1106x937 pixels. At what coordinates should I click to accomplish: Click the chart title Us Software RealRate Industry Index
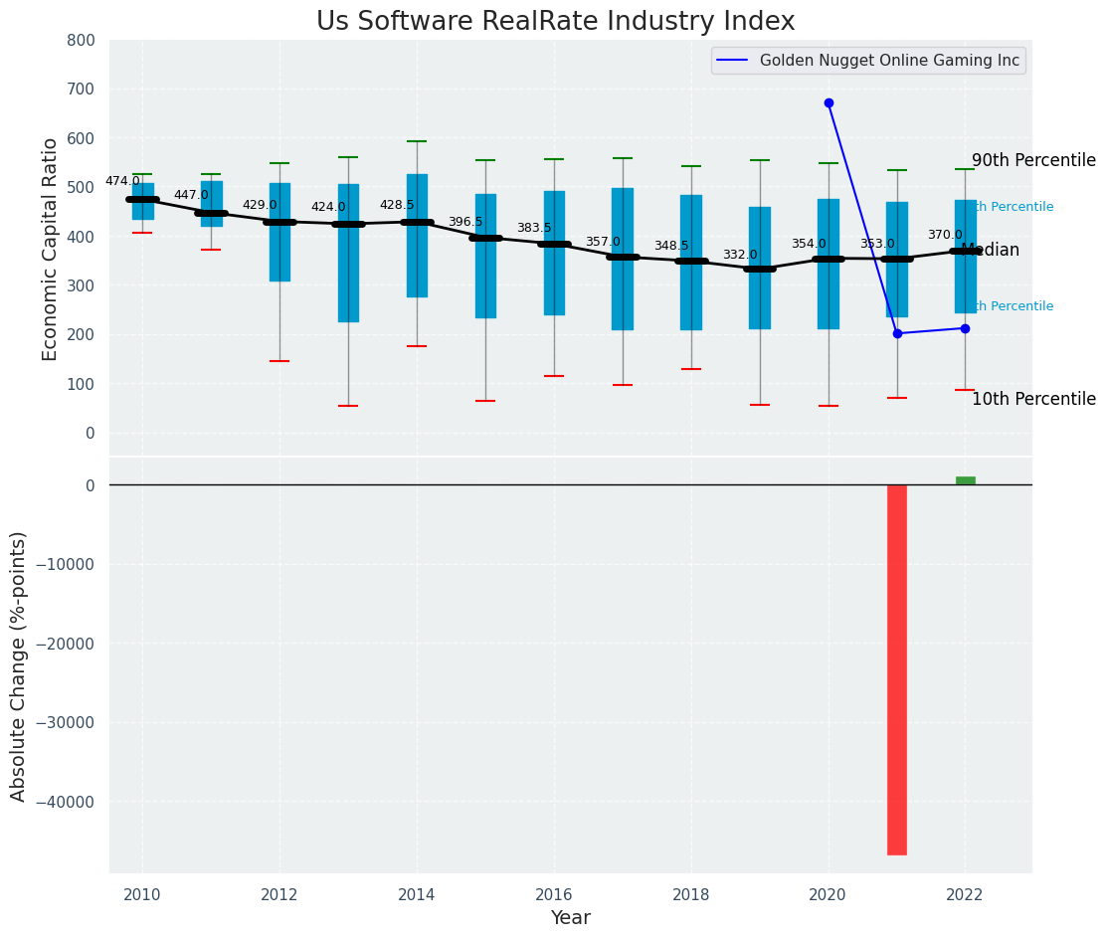[555, 22]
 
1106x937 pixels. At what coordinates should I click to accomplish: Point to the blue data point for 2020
[829, 102]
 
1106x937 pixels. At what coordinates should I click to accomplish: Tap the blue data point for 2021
[897, 333]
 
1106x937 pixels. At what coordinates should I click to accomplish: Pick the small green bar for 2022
[966, 480]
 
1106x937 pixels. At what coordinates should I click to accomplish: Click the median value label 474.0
[122, 182]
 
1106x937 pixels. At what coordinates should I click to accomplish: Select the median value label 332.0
[740, 256]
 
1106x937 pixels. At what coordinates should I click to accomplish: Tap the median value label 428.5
[397, 206]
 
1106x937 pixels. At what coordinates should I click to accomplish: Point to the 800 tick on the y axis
[81, 40]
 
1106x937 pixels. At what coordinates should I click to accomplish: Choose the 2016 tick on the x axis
[554, 894]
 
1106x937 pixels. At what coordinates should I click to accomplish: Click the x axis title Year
[571, 918]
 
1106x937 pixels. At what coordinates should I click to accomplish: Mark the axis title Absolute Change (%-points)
[19, 665]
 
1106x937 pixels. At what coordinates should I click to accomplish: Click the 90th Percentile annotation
[1033, 161]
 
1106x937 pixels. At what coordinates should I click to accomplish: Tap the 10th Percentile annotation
[1033, 400]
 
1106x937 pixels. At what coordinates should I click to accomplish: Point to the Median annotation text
[991, 251]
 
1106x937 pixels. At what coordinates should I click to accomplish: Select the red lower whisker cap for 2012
[279, 361]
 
